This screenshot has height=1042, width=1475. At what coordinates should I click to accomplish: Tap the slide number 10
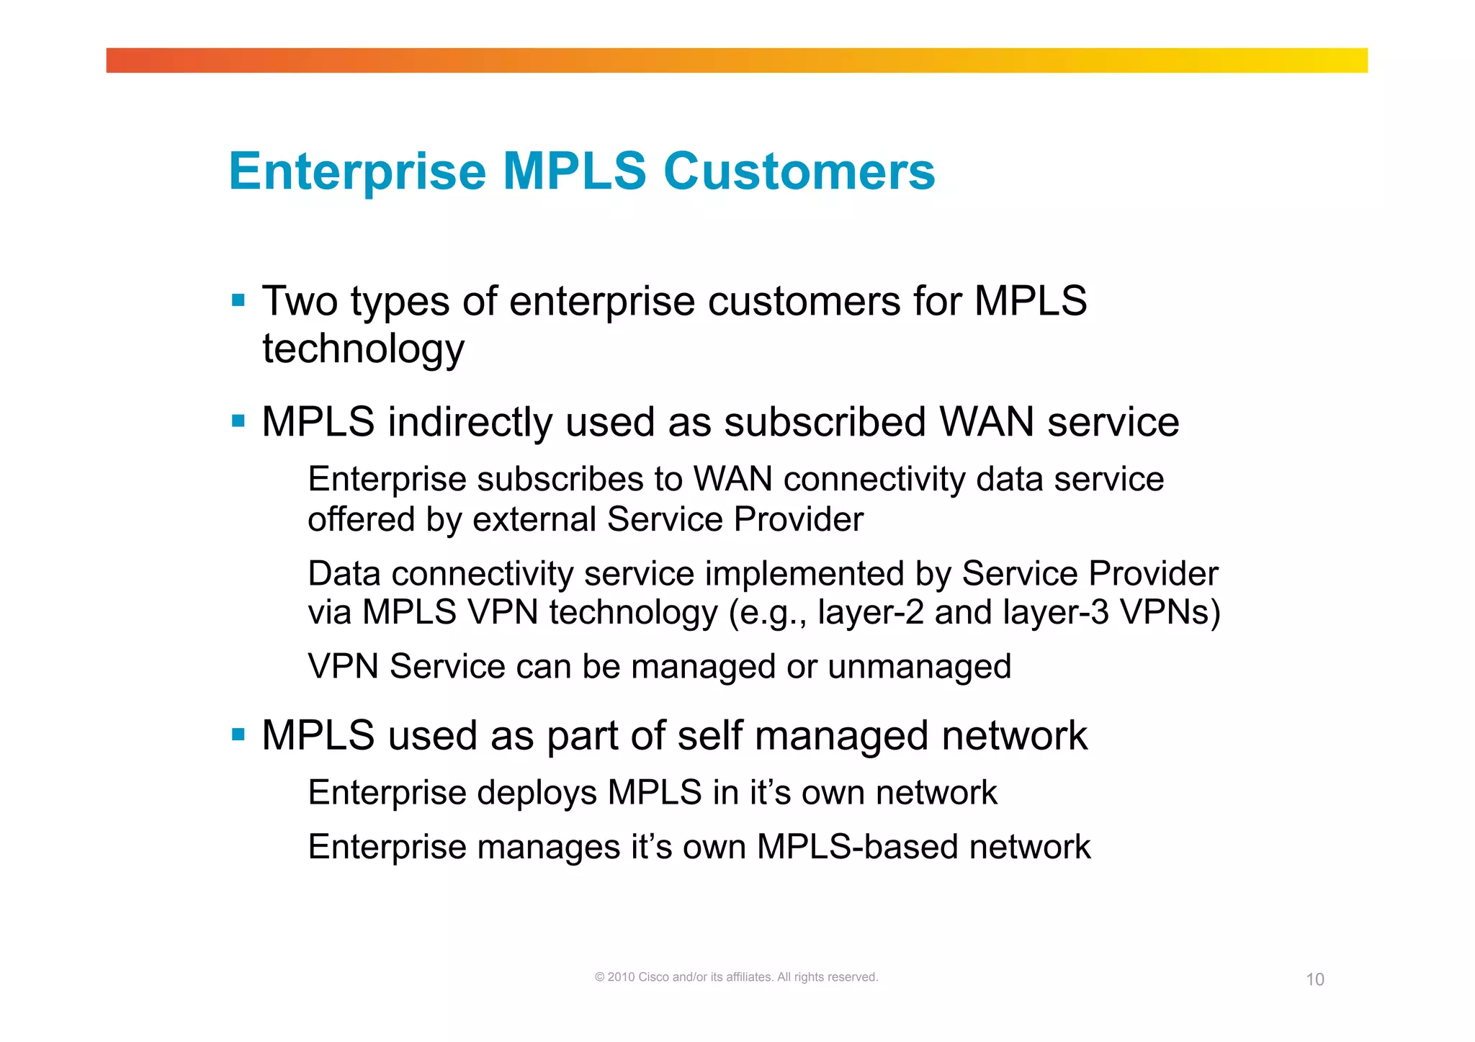click(1315, 979)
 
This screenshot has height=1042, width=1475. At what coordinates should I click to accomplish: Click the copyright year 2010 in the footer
click(622, 977)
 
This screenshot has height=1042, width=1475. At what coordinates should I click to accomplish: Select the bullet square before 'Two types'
click(238, 300)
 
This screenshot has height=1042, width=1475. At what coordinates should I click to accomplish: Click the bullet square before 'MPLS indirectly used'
click(238, 421)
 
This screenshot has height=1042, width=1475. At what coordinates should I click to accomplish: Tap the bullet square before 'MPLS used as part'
click(238, 735)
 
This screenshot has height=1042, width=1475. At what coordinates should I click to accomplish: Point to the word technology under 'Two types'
click(363, 349)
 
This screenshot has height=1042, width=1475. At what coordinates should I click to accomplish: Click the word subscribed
click(825, 422)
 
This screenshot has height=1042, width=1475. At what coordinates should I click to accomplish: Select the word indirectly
click(470, 422)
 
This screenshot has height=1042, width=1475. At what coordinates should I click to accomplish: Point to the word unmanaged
click(920, 667)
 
